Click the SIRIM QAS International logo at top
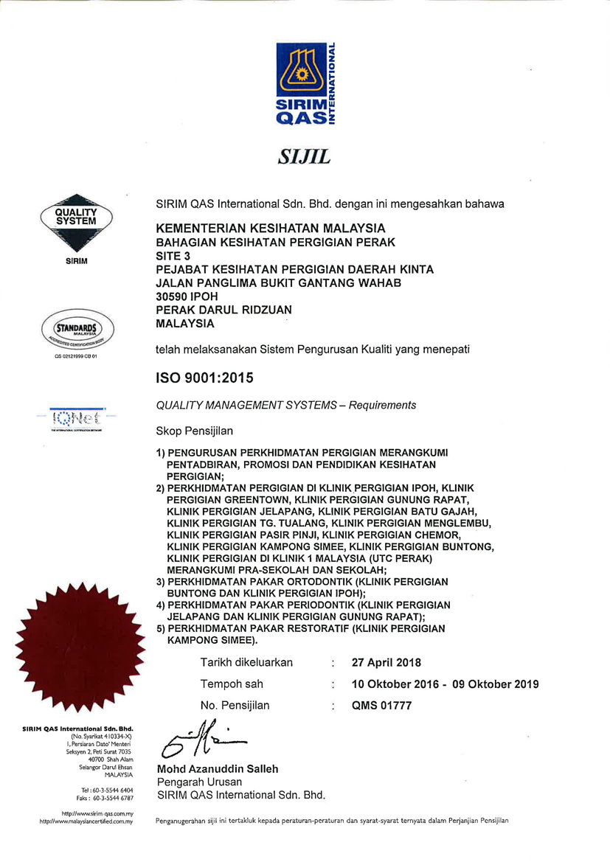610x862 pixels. coord(305,83)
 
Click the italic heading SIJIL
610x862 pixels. coord(304,157)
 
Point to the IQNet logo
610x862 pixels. coord(77,418)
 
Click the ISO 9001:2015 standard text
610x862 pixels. coord(204,378)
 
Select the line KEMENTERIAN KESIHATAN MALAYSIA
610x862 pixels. coord(271,229)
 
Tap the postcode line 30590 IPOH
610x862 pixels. coord(187,296)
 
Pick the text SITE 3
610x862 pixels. coord(174,256)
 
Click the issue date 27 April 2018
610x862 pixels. coord(387,662)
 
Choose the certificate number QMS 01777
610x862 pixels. coord(381,705)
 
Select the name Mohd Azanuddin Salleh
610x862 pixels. coord(218,769)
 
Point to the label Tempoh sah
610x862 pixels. coord(232,684)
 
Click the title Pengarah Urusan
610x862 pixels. coord(198,782)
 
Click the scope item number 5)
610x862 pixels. coord(161,628)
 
